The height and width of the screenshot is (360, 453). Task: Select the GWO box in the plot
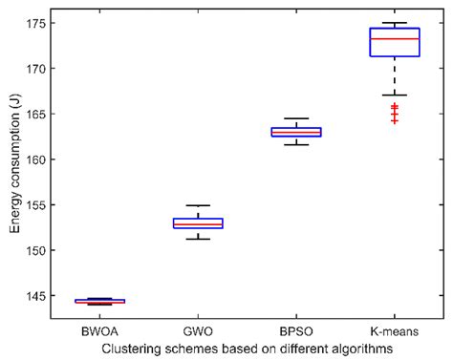(198, 223)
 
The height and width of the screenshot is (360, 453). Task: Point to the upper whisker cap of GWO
(198, 205)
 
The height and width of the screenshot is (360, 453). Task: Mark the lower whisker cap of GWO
(198, 239)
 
